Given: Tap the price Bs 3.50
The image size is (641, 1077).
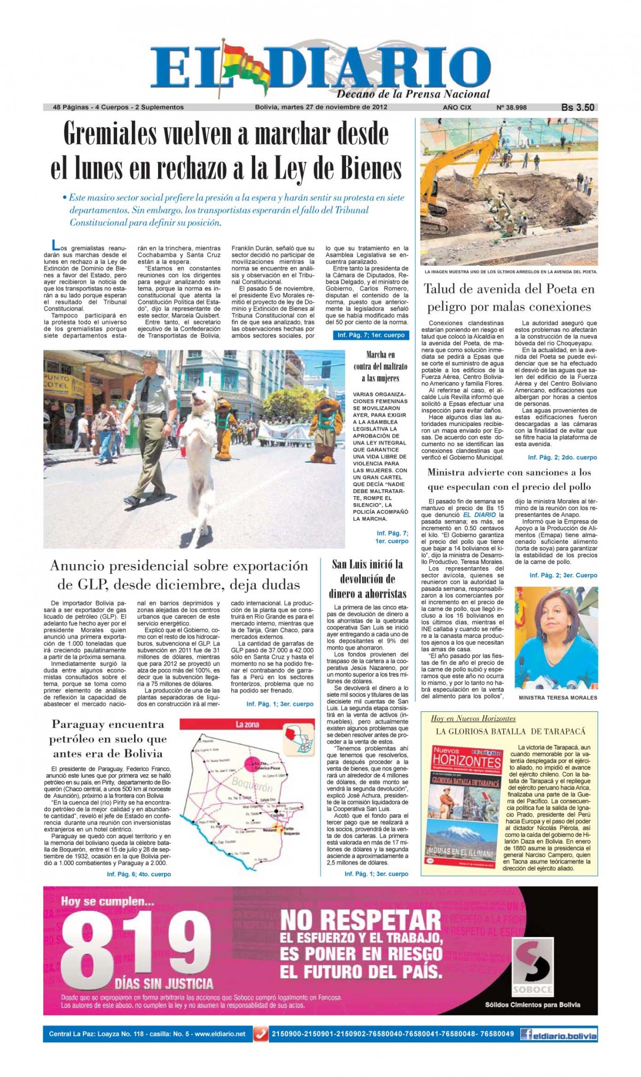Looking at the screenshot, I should point(577,107).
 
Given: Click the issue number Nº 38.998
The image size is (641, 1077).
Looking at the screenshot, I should point(511,107).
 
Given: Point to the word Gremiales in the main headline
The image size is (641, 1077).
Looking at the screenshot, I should point(121,134).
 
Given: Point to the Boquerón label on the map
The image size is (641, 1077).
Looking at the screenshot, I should point(252,786).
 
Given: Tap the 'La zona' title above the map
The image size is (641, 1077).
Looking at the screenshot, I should point(247,724).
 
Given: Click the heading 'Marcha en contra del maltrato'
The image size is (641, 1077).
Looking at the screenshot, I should point(380,366).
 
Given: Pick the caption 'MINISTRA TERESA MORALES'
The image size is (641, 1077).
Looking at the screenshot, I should point(558,698).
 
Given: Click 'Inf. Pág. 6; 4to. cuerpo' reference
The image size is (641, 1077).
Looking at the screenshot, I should point(138,874).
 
